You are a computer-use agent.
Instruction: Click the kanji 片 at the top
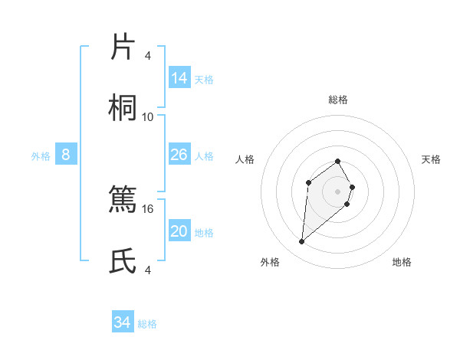click(x=123, y=47)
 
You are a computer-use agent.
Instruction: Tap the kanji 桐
click(x=123, y=108)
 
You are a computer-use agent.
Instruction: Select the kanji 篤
click(x=123, y=200)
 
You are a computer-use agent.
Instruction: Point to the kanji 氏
click(x=123, y=261)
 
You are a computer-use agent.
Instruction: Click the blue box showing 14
click(x=179, y=78)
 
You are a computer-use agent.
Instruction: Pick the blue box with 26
click(x=179, y=155)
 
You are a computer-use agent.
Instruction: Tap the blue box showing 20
click(x=179, y=231)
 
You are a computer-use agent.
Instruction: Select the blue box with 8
click(x=66, y=155)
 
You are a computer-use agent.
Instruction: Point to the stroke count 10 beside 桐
click(x=148, y=116)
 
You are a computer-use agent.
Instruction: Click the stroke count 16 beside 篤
click(x=148, y=208)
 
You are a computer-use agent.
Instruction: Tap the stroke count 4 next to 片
click(x=148, y=56)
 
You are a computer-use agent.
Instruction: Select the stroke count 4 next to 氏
click(x=148, y=270)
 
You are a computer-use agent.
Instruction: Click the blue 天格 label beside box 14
click(x=204, y=79)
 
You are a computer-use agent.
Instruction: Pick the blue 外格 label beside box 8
click(x=41, y=155)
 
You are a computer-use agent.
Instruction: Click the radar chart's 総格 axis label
click(x=338, y=100)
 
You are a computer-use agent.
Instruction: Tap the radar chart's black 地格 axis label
click(x=402, y=262)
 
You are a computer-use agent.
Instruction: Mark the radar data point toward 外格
click(x=302, y=242)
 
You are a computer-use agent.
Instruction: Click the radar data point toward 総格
click(x=338, y=161)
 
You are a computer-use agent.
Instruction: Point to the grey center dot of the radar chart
click(x=338, y=191)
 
